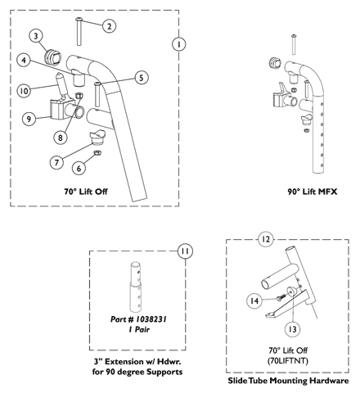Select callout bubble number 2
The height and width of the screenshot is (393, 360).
(x=108, y=26)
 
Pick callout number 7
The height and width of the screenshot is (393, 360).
(x=57, y=162)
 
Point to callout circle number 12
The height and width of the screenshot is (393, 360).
(x=264, y=240)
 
